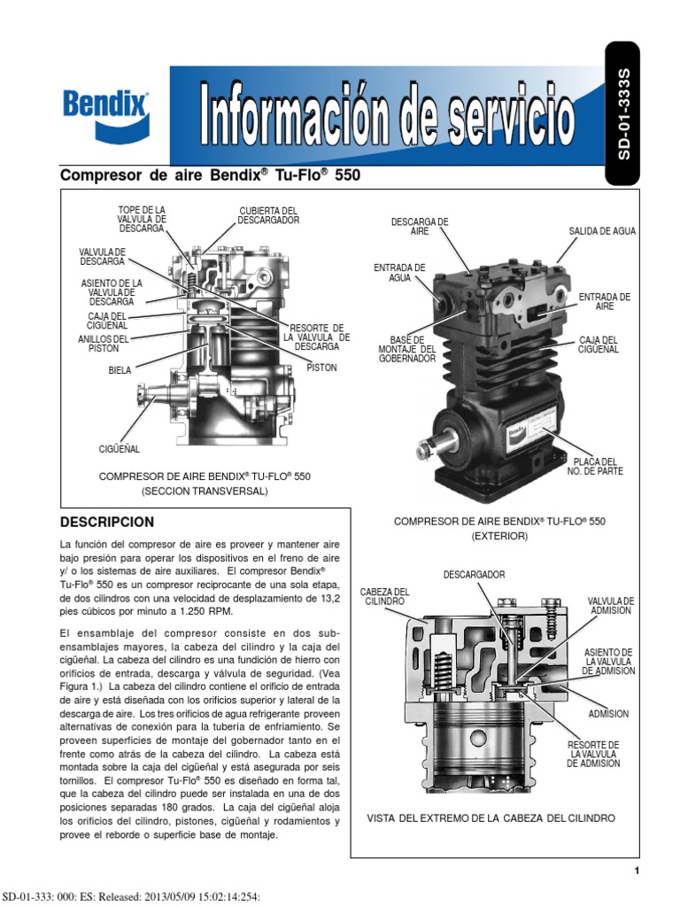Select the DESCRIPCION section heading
point(106,522)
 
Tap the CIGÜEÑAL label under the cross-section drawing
point(119,450)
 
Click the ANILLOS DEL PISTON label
point(104,344)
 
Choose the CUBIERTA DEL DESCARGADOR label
point(268,215)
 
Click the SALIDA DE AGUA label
point(601,231)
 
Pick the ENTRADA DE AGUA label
point(399,272)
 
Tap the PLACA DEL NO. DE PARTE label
point(594,466)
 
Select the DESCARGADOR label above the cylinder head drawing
point(474,575)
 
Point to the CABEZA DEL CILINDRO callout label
point(384,596)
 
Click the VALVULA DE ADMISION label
point(610,605)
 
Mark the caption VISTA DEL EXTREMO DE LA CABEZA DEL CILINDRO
point(491,818)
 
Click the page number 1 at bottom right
point(637,872)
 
